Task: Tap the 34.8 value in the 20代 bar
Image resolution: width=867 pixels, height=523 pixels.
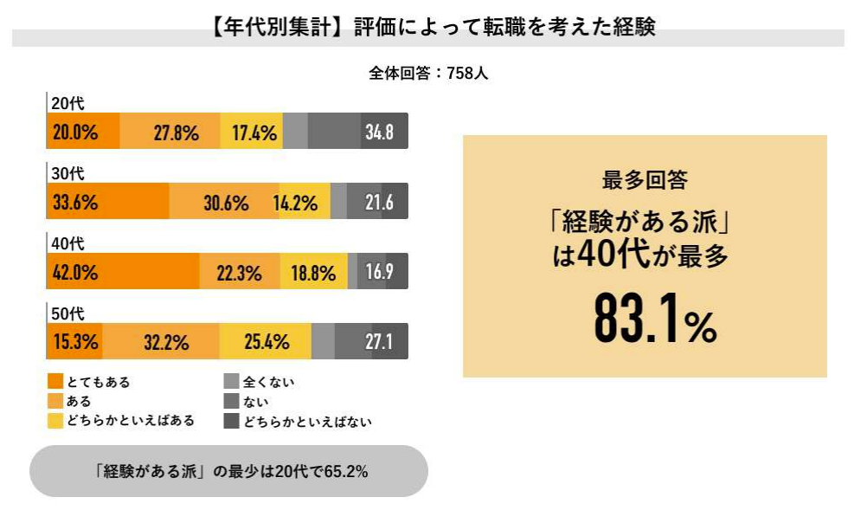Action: [x=379, y=132]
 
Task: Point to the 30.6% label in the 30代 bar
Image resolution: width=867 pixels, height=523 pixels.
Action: [x=226, y=203]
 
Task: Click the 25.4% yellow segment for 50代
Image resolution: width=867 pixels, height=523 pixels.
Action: [x=267, y=342]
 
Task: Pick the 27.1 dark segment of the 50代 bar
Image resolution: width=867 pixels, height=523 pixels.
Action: [x=379, y=342]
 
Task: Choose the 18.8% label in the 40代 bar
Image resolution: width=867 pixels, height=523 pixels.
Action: [x=313, y=273]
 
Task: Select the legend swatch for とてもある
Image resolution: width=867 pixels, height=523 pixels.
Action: [x=56, y=381]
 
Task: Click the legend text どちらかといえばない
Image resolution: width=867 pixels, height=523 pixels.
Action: [x=307, y=422]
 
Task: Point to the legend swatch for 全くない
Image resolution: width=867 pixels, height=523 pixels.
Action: [x=231, y=381]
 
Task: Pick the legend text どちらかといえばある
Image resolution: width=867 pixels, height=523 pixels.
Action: [x=131, y=422]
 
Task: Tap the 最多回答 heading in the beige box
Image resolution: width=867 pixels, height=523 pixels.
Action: [x=645, y=180]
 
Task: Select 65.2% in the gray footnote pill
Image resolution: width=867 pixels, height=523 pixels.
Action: [x=346, y=472]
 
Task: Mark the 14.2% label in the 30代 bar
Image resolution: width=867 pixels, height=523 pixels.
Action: [x=295, y=203]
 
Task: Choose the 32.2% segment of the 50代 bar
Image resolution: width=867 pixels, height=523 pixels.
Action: [x=166, y=342]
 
